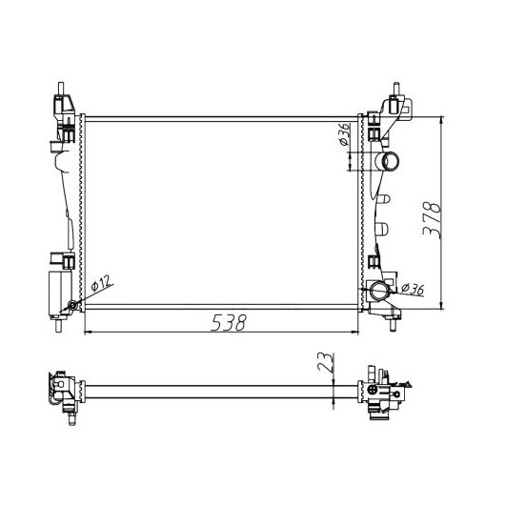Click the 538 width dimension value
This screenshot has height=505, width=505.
click(x=229, y=322)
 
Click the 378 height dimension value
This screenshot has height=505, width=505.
click(x=432, y=220)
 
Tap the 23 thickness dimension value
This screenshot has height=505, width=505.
click(x=325, y=362)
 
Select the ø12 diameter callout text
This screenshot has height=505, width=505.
click(x=101, y=283)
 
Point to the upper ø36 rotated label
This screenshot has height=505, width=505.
click(x=344, y=133)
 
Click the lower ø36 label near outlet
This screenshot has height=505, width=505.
click(x=413, y=289)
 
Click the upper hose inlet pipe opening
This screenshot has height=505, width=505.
click(x=391, y=161)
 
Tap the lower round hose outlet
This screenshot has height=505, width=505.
click(x=379, y=291)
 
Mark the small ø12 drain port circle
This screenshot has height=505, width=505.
click(x=73, y=305)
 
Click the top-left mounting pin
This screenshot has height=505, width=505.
click(x=61, y=89)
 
